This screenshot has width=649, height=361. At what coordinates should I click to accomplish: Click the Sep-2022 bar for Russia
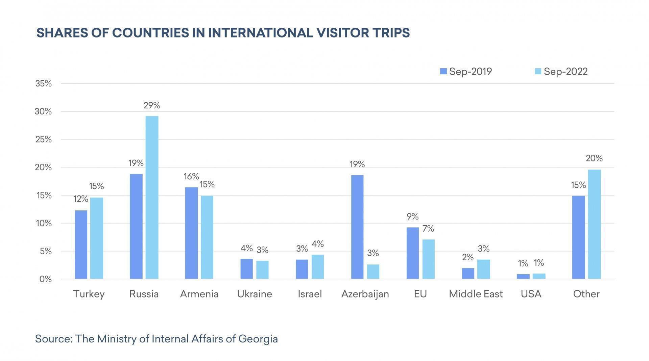click(152, 198)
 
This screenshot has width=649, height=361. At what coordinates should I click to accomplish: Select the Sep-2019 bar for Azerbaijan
click(357, 227)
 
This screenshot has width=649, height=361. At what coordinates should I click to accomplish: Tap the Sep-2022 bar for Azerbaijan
click(373, 272)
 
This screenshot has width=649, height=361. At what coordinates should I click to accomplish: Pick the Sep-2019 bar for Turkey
click(81, 244)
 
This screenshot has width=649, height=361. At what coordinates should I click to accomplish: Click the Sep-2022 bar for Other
click(594, 224)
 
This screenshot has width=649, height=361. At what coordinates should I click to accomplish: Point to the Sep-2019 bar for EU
click(412, 253)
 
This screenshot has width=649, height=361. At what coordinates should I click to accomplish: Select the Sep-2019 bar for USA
click(523, 277)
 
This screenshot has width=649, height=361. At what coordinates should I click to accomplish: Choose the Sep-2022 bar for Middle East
click(484, 269)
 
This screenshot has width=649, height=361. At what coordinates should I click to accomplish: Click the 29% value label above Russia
click(152, 106)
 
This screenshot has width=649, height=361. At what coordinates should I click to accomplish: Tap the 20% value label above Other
click(594, 158)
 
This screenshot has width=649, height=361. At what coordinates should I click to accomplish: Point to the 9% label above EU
click(412, 216)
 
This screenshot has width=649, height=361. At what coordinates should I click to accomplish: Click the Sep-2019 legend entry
click(466, 72)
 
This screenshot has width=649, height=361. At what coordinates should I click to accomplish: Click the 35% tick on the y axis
click(43, 83)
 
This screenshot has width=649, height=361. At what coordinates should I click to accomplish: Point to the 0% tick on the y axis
click(45, 279)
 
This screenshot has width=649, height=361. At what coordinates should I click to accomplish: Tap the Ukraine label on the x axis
click(255, 294)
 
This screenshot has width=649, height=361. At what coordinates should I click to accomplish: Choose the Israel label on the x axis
click(310, 294)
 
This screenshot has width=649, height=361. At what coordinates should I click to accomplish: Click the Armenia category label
click(199, 294)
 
